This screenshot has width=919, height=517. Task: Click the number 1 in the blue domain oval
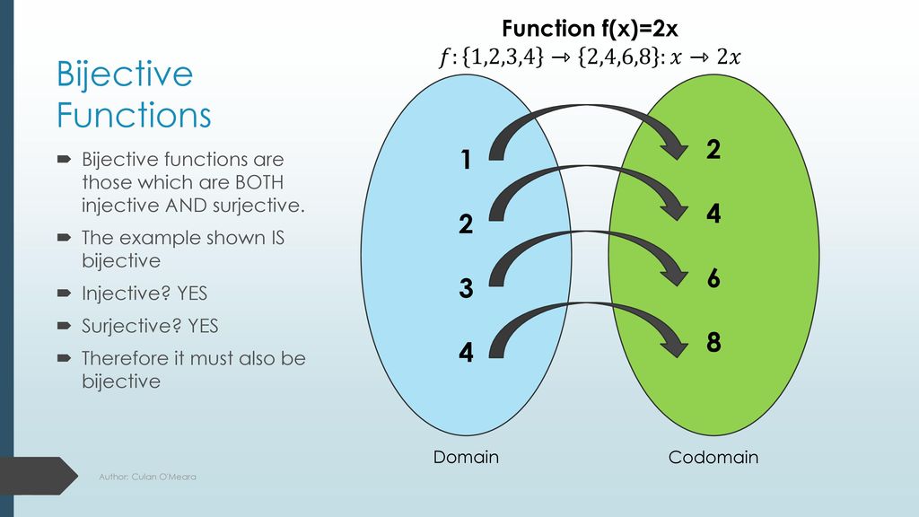(x=466, y=160)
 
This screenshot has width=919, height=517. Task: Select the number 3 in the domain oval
(x=466, y=288)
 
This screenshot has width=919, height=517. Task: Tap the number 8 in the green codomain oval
(x=713, y=342)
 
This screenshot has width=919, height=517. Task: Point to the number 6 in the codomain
(x=713, y=278)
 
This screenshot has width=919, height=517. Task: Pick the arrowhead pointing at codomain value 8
(x=675, y=343)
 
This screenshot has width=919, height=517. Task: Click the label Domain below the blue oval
(x=466, y=457)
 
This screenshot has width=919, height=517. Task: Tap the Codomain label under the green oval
(x=713, y=457)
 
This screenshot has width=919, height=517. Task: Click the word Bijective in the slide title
(x=124, y=75)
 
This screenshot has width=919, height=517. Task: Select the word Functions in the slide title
(x=134, y=115)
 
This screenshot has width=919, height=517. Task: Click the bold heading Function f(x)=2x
(x=590, y=29)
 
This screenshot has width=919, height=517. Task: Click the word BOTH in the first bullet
(x=259, y=182)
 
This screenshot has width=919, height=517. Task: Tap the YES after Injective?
(x=192, y=294)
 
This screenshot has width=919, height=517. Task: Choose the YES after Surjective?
(x=203, y=326)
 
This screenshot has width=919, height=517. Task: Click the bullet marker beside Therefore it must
(x=64, y=357)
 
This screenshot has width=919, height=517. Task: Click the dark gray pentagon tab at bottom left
(x=39, y=476)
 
